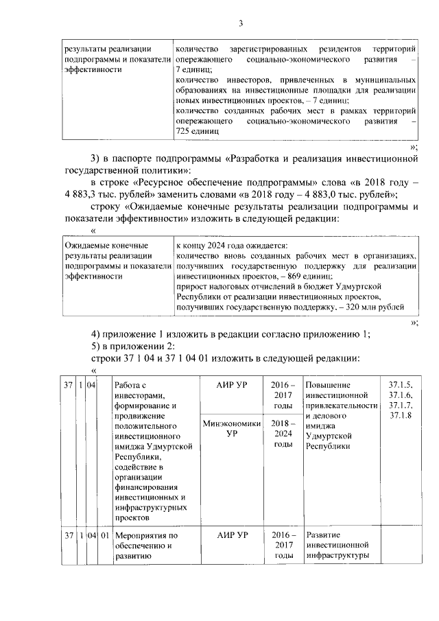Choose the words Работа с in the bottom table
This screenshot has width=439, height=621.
click(130, 385)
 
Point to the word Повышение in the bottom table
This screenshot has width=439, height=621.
click(328, 385)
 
